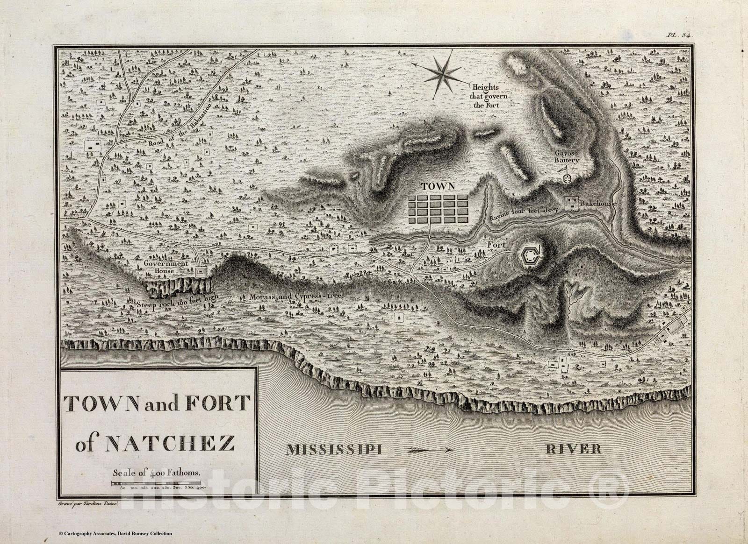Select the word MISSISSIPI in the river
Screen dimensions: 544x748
point(335,450)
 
